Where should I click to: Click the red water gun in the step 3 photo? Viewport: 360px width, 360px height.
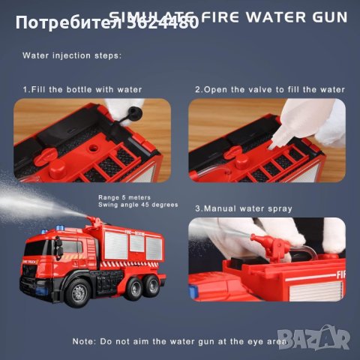pos(267,247)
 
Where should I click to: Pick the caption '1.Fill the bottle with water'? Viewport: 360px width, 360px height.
pos(82,89)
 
